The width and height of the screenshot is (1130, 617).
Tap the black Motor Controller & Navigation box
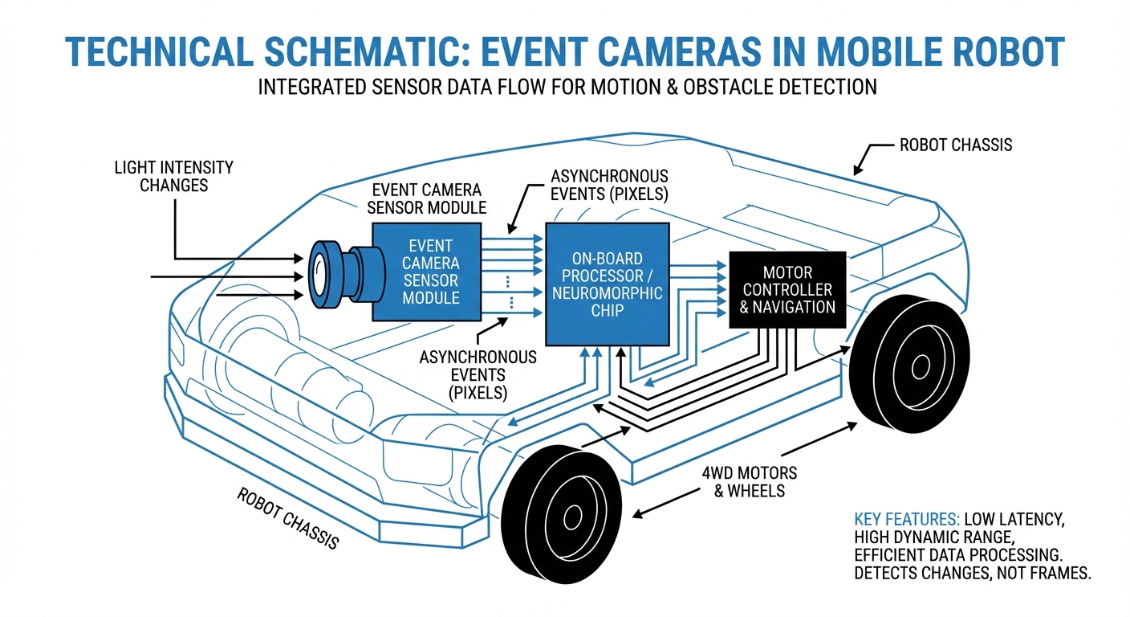[787, 290]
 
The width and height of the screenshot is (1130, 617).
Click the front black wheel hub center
[571, 514]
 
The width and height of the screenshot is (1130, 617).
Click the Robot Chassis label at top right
[955, 145]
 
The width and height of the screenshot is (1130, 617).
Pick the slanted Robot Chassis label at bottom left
[288, 518]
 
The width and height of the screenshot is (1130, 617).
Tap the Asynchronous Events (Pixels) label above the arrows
[610, 185]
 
